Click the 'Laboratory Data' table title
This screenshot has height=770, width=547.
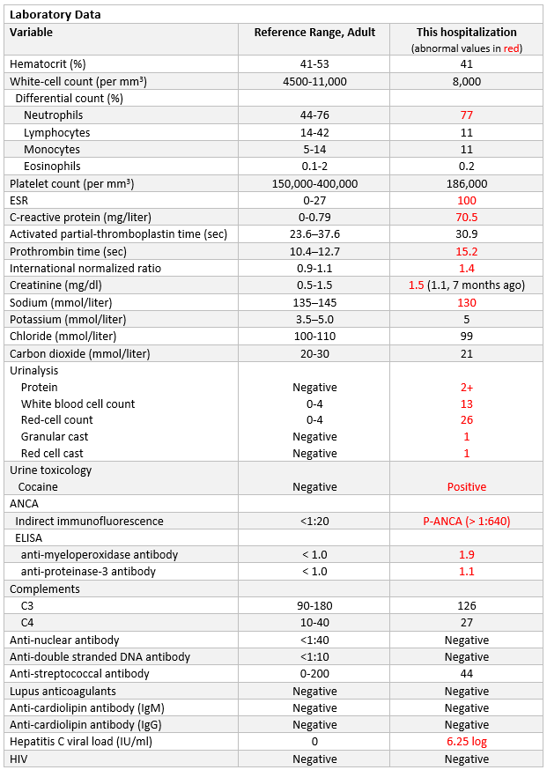[x=55, y=15]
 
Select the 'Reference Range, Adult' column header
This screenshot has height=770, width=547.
[x=314, y=33]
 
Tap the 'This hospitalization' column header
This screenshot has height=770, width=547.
[x=467, y=33]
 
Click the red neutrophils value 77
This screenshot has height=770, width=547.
[x=467, y=115]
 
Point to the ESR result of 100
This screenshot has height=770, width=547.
[x=467, y=200]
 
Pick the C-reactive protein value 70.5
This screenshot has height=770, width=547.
[x=467, y=217]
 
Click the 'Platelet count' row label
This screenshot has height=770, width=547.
[x=71, y=183]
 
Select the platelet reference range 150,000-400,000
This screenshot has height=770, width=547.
[x=314, y=183]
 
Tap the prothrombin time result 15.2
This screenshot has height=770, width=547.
[x=467, y=251]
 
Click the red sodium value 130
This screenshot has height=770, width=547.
[x=467, y=302]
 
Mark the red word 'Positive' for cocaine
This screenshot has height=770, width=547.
[x=467, y=486]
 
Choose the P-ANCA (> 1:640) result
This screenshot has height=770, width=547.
[x=467, y=521]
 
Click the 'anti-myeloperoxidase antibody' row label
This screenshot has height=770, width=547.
[x=100, y=555]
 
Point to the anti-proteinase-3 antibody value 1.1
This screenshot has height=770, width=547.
[x=467, y=571]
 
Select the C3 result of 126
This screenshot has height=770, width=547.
[x=467, y=605]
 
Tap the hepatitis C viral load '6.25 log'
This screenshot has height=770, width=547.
[x=467, y=741]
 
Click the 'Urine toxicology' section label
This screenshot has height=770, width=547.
[x=50, y=470]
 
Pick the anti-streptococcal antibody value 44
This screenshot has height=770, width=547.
[x=467, y=673]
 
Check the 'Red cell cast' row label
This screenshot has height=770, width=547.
[x=52, y=453]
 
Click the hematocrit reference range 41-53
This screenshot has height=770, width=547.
[x=314, y=63]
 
